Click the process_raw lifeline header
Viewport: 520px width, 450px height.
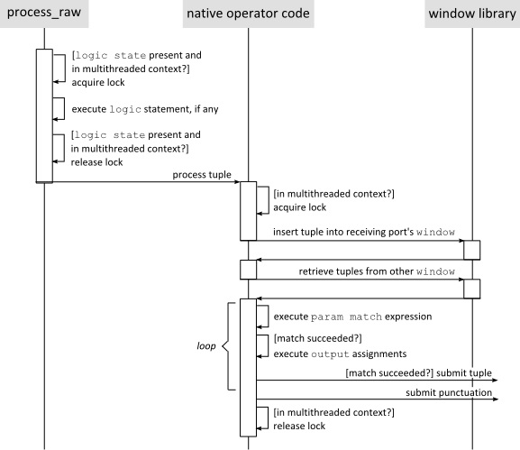(x=44, y=14)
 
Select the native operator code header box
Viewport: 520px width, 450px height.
(x=248, y=14)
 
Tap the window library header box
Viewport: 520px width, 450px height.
(x=471, y=14)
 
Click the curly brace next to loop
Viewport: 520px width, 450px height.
(x=226, y=344)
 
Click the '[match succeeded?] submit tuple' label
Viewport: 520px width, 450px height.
(x=420, y=371)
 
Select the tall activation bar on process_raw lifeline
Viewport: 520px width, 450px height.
(x=44, y=115)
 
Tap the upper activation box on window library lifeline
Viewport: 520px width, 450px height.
(x=471, y=250)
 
